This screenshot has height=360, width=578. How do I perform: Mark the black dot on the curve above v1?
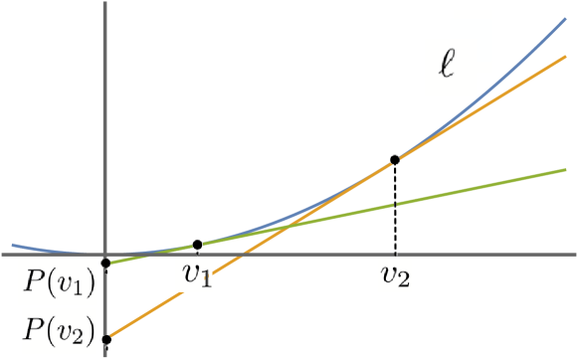[x=197, y=244]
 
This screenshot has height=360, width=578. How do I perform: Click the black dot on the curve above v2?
[x=396, y=158]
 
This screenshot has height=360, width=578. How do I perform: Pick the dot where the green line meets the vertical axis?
[x=105, y=264]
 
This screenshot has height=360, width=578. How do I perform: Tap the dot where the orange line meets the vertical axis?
[x=105, y=339]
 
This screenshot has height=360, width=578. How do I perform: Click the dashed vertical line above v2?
[x=396, y=209]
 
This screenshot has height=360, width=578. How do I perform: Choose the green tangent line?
[x=478, y=188]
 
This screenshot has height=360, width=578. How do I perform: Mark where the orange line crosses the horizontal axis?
[x=239, y=254]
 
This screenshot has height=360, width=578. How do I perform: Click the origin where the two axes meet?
[x=105, y=254]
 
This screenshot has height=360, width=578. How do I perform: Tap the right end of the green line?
[x=564, y=170]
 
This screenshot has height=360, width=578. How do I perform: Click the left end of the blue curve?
[x=13, y=244]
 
